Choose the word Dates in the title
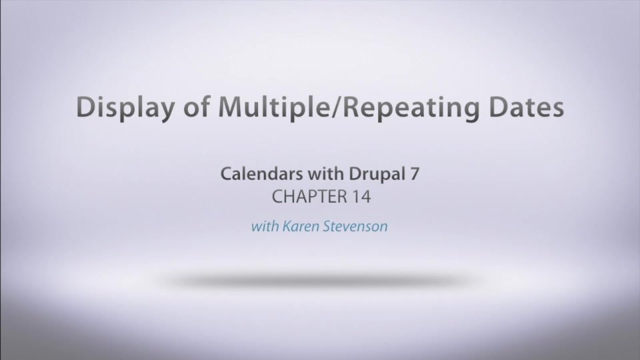tap(524, 108)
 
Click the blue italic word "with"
tap(264, 226)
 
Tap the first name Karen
tap(299, 226)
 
